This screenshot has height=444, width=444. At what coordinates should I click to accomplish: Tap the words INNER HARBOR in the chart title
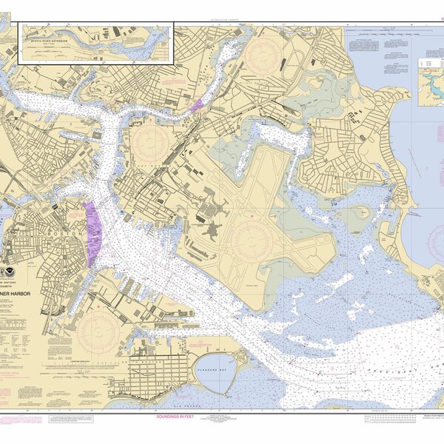[x=33, y=282]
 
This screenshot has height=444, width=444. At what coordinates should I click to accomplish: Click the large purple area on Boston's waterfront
[x=94, y=233]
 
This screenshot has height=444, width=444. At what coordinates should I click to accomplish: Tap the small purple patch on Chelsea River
[x=195, y=106]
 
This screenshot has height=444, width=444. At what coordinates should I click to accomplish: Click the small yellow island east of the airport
[x=361, y=212]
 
